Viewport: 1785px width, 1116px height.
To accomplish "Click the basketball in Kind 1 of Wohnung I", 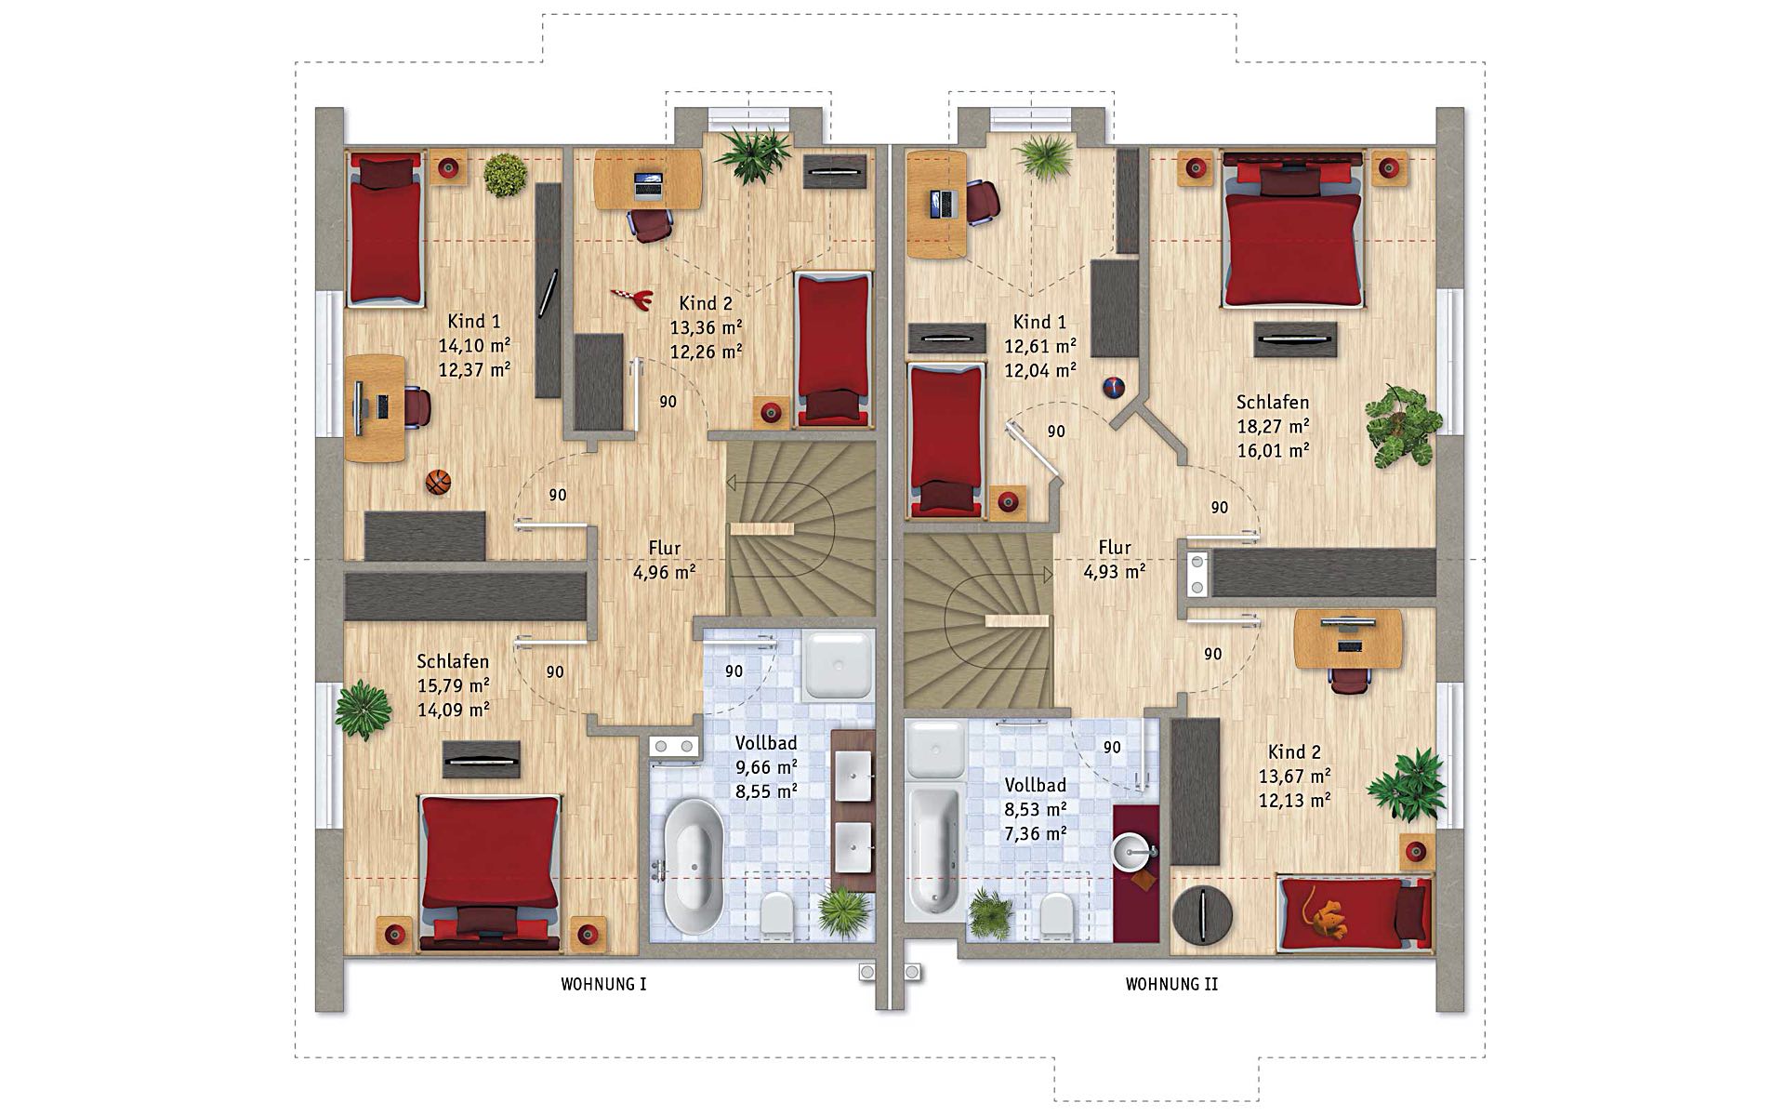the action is [438, 482].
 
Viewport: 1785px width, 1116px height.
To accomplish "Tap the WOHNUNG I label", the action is [603, 984].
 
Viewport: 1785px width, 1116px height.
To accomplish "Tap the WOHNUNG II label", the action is [1171, 984].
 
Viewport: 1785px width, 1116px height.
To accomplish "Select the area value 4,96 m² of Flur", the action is [665, 572].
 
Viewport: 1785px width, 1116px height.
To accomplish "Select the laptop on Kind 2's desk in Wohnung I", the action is [649, 184].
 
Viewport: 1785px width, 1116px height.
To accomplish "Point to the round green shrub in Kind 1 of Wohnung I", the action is [505, 175].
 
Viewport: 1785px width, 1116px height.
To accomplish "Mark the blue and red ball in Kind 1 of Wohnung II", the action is [1113, 387].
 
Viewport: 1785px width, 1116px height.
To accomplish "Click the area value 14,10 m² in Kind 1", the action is [474, 345].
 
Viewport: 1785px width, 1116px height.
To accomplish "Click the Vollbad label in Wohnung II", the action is [1035, 786].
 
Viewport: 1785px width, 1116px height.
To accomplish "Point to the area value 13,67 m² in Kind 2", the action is [1294, 776].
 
